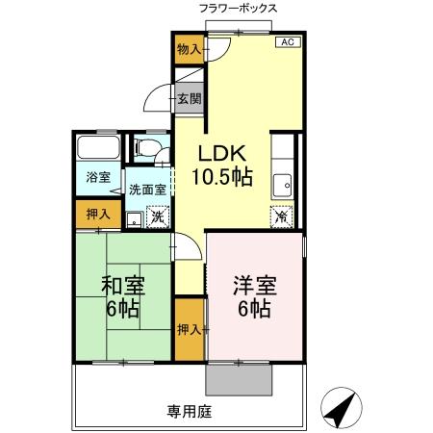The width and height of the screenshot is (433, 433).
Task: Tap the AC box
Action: pos(287,42)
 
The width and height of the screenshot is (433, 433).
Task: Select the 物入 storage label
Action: pos(189,49)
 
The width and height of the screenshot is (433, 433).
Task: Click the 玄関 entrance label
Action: pos(189,98)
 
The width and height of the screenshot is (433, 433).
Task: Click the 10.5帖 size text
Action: pos(223,177)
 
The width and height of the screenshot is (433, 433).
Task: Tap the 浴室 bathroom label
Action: pos(98,178)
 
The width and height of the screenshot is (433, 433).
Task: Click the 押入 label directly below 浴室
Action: pos(98,214)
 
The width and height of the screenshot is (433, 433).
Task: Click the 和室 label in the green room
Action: pos(123,286)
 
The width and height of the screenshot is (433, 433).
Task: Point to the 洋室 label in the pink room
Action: pos(254,286)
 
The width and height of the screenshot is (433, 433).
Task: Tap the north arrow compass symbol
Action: pos(341,409)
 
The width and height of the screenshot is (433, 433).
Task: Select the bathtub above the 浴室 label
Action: pos(98,150)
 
